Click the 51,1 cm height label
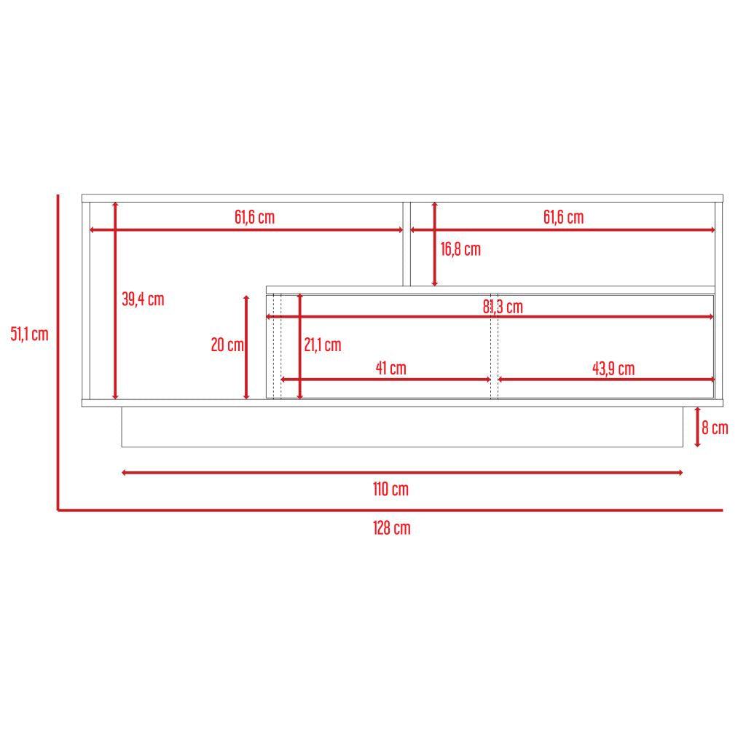(29, 334)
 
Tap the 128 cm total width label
(392, 528)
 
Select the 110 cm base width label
(390, 489)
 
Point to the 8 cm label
(715, 428)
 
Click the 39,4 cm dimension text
(143, 299)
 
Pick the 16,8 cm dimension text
(460, 249)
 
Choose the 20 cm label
(227, 345)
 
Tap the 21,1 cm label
(322, 345)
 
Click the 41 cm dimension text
(390, 368)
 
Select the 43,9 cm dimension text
(613, 369)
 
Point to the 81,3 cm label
(503, 307)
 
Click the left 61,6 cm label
(254, 217)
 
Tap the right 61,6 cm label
(563, 217)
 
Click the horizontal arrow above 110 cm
(402, 473)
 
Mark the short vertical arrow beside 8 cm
(697, 427)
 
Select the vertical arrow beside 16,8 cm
(435, 244)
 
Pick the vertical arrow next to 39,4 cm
(115, 300)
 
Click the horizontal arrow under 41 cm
(385, 380)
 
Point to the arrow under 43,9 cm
(605, 380)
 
